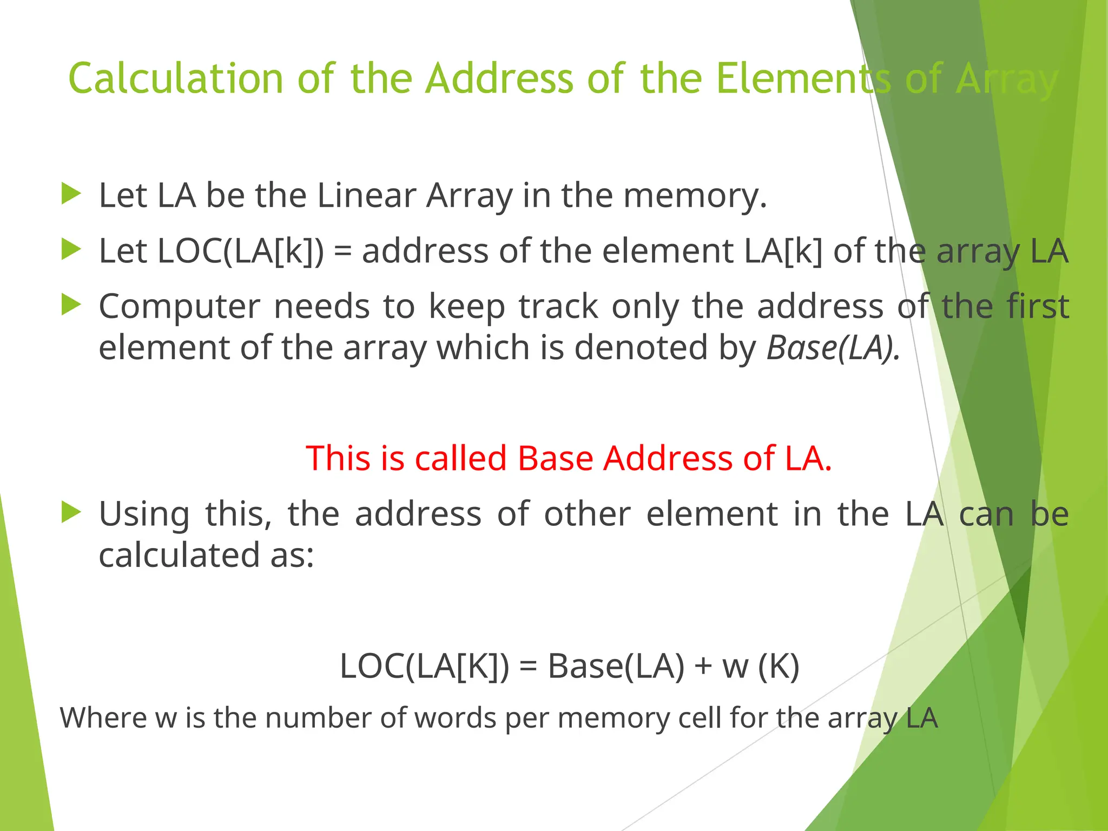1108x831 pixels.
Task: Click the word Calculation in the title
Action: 176,79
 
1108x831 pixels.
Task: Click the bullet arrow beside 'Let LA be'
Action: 71,194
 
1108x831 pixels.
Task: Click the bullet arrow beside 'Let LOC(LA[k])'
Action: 71,249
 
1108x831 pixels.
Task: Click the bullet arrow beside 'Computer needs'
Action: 71,305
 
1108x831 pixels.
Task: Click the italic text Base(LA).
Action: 833,348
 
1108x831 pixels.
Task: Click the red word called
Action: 460,458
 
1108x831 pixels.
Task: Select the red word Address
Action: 668,458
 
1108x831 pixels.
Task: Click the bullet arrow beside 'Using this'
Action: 71,512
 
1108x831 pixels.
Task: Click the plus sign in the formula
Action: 703,667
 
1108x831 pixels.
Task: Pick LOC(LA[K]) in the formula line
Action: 424,667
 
